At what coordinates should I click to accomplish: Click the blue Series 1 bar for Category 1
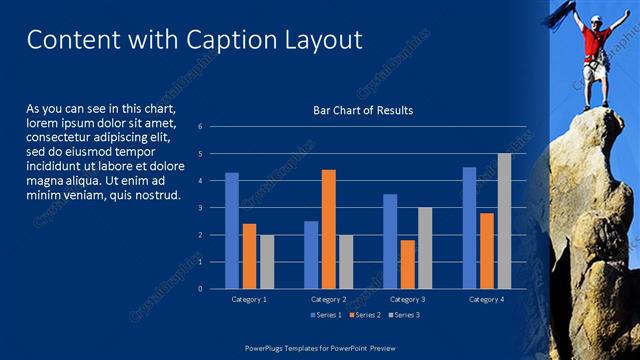[x=232, y=231]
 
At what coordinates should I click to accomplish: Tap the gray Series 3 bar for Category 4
[x=504, y=221]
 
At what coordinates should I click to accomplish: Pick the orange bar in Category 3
[x=408, y=264]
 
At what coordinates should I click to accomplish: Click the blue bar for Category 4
[x=470, y=228]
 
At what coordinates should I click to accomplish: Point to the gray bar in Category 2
[x=346, y=262]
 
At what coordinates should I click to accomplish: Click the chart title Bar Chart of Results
[x=356, y=110]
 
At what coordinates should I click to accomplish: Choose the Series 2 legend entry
[x=364, y=315]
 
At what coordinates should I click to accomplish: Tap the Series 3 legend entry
[x=404, y=315]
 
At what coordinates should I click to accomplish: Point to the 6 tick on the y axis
[x=200, y=127]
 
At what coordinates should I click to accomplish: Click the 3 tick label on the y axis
[x=200, y=208]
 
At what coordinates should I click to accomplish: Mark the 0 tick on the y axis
[x=200, y=289]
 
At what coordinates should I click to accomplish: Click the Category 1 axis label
[x=249, y=299]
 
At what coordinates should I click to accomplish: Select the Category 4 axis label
[x=487, y=299]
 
